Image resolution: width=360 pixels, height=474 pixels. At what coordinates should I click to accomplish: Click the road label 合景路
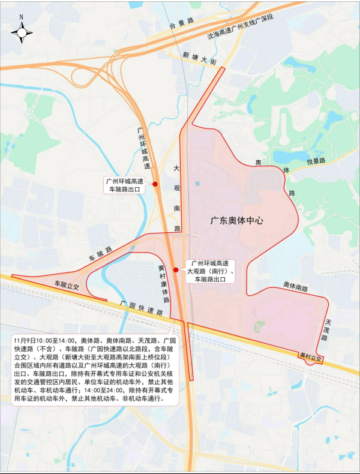click(183, 23)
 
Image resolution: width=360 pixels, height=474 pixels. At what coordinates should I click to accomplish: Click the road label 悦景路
click(316, 161)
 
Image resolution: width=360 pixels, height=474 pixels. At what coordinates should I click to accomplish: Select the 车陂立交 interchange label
click(67, 286)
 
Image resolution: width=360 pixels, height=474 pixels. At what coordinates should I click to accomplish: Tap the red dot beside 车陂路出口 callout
click(155, 184)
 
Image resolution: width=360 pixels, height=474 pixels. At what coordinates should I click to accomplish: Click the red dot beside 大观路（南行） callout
click(176, 270)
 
